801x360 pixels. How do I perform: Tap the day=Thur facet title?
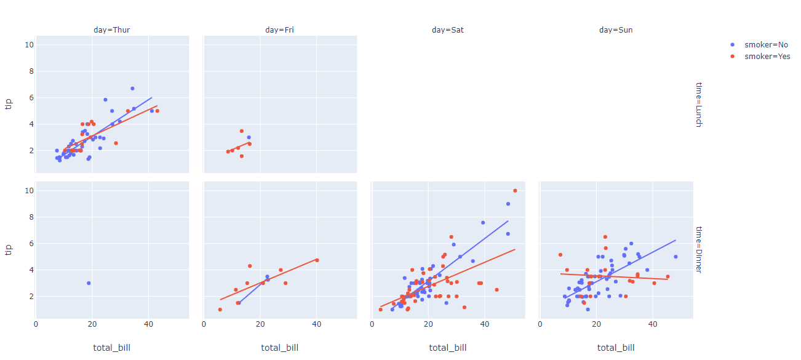(x=111, y=30)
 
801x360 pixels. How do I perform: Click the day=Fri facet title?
(x=279, y=30)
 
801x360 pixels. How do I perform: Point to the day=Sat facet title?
(x=448, y=30)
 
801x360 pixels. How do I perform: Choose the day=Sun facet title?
(x=616, y=30)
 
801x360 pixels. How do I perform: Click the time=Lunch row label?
(x=698, y=104)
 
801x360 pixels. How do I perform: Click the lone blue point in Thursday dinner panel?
(x=89, y=283)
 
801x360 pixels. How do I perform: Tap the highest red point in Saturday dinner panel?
(x=515, y=191)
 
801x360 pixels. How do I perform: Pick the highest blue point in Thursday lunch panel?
(x=132, y=89)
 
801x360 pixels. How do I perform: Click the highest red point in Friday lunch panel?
(x=242, y=131)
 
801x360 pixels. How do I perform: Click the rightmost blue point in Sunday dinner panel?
(x=675, y=257)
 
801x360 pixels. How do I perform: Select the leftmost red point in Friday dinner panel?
(x=220, y=310)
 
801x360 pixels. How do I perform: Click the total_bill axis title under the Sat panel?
(x=448, y=348)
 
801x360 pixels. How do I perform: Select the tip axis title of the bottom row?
(x=9, y=249)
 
